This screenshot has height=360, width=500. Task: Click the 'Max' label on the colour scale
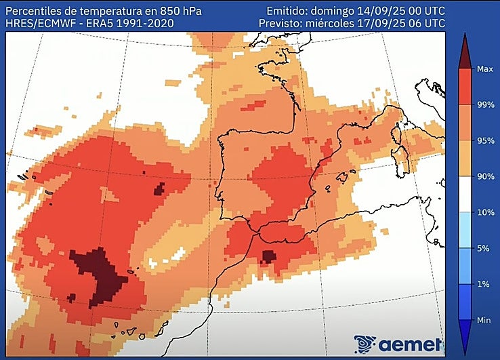coord(484,69)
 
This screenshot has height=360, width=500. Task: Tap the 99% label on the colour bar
coord(484,104)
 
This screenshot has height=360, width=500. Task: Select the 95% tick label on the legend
coord(484,140)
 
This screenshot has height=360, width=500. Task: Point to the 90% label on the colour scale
coord(484,176)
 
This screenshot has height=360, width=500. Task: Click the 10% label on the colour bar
coord(484,212)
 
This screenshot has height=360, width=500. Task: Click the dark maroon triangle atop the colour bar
coord(465,51)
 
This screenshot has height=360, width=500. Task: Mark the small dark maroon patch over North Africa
coord(268,256)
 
